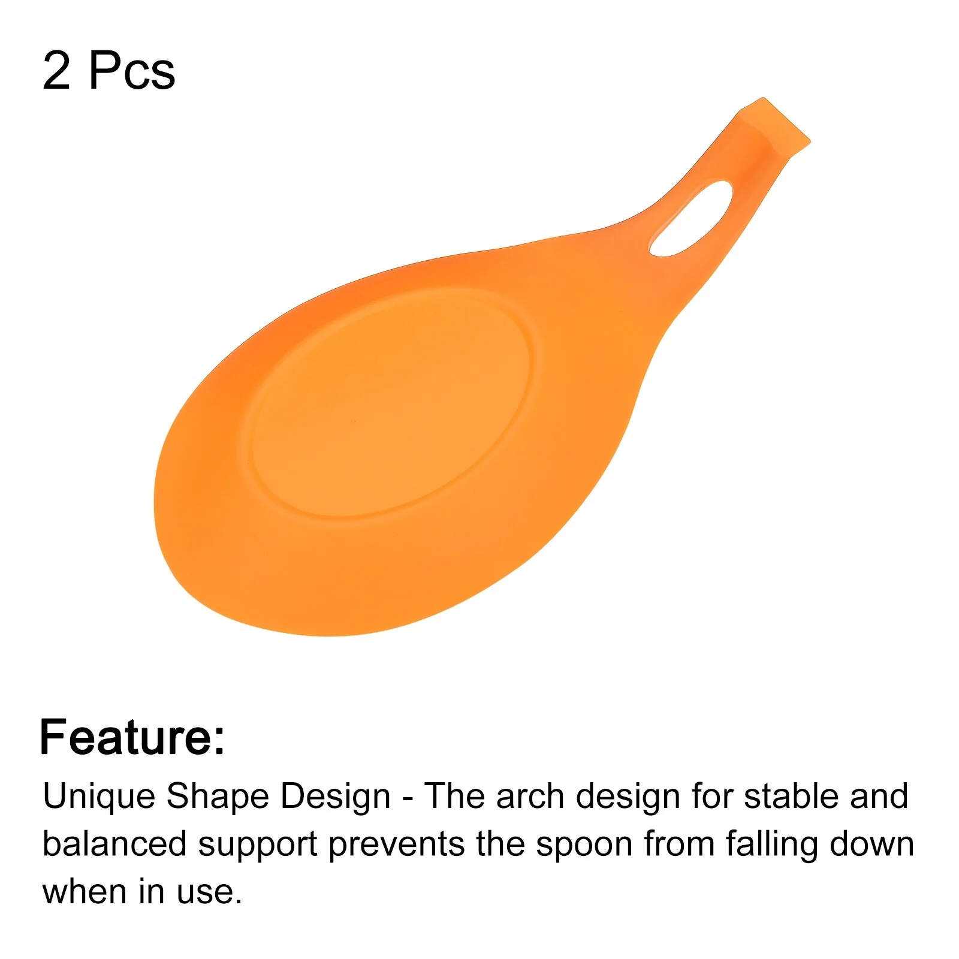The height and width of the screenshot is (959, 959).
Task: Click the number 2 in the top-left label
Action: pos(56,71)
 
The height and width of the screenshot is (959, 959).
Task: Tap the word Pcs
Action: pos(132,71)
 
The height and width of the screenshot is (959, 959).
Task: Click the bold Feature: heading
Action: pos(132,737)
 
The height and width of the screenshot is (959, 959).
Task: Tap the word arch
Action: pos(530,797)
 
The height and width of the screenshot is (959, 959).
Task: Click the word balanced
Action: pos(114,844)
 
